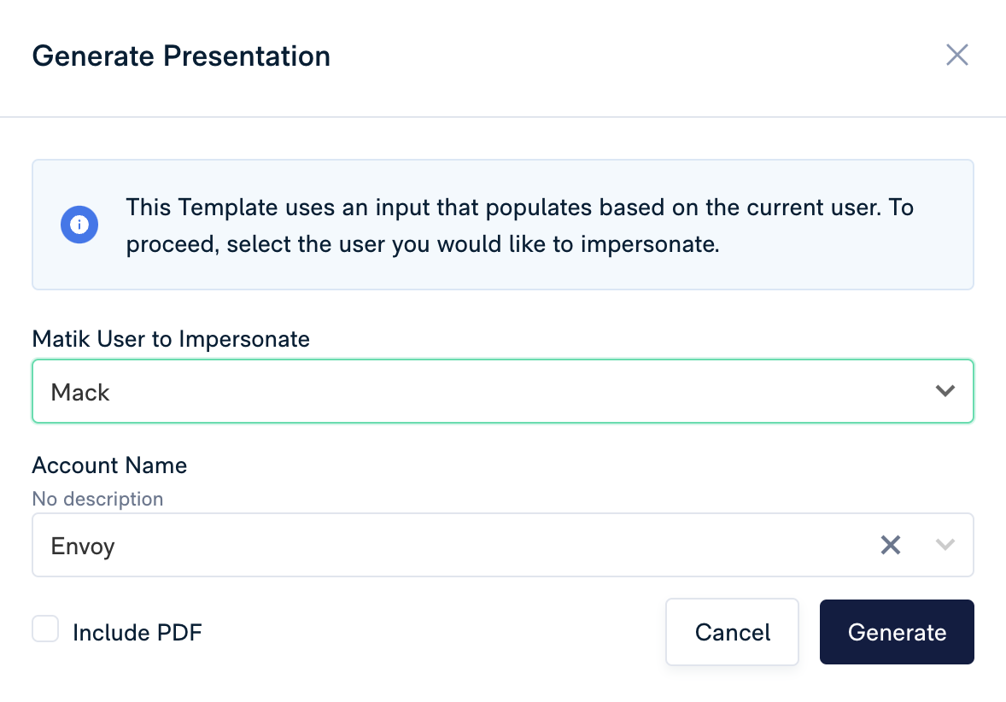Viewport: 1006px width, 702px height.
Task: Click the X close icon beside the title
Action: (956, 56)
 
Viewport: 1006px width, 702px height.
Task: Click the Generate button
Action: (897, 632)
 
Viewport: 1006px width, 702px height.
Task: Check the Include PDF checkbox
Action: (45, 629)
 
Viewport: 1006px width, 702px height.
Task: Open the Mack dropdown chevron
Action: (945, 391)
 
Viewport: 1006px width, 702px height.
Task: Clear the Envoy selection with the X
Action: (891, 545)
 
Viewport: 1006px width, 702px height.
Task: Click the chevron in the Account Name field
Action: (945, 545)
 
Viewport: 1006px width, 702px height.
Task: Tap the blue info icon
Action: (79, 225)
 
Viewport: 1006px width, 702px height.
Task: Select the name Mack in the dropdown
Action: (80, 392)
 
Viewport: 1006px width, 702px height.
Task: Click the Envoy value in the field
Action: (83, 546)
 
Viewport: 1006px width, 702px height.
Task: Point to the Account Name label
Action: (109, 465)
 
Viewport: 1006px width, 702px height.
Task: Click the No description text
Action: (98, 499)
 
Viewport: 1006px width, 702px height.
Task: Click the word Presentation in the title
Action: (247, 56)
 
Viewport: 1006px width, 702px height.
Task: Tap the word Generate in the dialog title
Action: (94, 56)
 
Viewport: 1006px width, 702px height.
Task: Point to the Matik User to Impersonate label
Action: (172, 339)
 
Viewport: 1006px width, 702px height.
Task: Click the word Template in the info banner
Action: (228, 208)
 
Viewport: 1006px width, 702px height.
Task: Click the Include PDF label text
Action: (137, 633)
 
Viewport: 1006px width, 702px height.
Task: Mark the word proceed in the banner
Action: (173, 245)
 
